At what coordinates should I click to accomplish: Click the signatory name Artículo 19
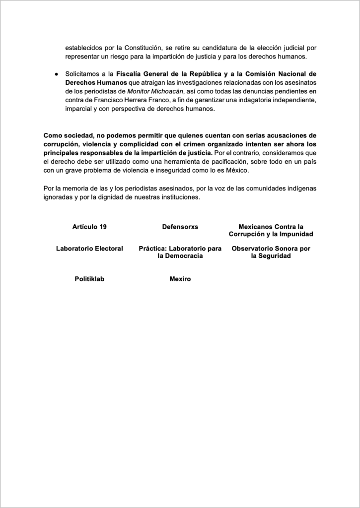pyautogui.click(x=89, y=227)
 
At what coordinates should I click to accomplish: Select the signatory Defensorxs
pyautogui.click(x=180, y=227)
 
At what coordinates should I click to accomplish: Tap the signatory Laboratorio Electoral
pyautogui.click(x=89, y=249)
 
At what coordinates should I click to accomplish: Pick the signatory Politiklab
pyautogui.click(x=89, y=279)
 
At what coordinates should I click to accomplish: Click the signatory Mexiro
pyautogui.click(x=180, y=279)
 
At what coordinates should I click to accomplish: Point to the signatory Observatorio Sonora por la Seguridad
pyautogui.click(x=271, y=252)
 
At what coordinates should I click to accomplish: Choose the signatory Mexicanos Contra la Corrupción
pyautogui.click(x=271, y=230)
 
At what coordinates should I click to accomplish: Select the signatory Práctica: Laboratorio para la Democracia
pyautogui.click(x=180, y=252)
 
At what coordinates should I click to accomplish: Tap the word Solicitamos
pyautogui.click(x=82, y=74)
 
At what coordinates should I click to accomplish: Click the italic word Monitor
pyautogui.click(x=140, y=92)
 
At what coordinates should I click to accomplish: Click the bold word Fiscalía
pyautogui.click(x=133, y=74)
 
